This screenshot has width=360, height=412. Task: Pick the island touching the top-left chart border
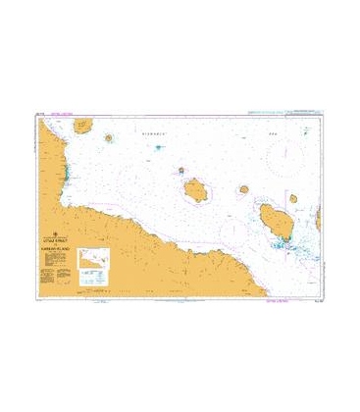[x=83, y=126]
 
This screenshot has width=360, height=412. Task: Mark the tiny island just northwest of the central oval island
[x=182, y=172]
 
